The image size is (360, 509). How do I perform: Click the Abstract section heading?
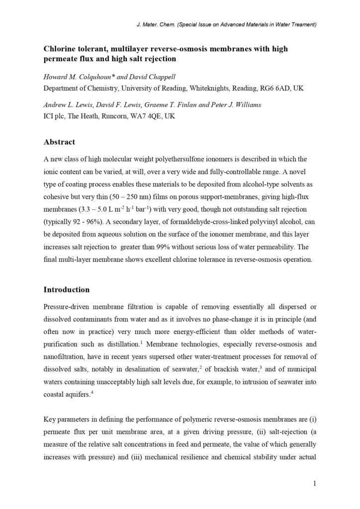(x=59, y=142)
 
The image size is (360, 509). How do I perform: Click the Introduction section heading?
(x=67, y=290)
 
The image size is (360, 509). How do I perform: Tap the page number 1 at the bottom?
(x=314, y=483)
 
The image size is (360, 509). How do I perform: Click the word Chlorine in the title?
(x=61, y=49)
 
